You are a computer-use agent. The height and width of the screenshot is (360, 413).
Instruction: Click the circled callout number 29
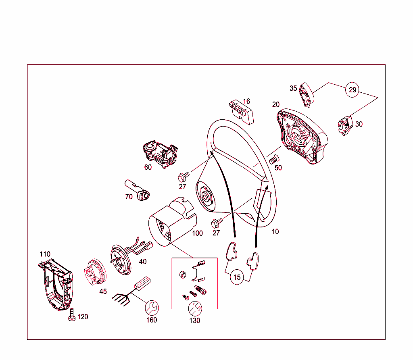[x=353, y=90]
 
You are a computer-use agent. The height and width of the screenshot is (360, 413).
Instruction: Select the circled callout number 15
[x=237, y=277]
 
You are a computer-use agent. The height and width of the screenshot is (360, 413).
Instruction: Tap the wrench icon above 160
[x=152, y=308]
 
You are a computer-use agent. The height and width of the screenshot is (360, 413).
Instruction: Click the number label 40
[x=142, y=262]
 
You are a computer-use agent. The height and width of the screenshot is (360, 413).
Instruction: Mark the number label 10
[x=275, y=232]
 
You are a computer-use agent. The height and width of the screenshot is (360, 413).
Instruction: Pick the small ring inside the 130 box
[x=183, y=275]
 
